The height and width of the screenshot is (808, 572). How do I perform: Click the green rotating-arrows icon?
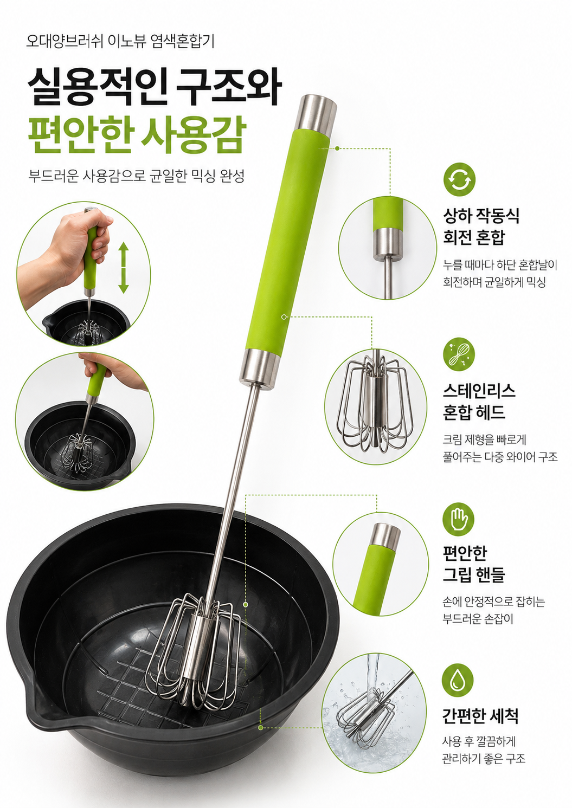point(459,179)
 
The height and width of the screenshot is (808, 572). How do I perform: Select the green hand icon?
point(458,519)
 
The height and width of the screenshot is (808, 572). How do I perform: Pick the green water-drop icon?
point(458,680)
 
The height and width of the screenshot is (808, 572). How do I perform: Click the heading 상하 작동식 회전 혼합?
point(481,226)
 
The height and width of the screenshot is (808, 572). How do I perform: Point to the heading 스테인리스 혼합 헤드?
point(479,401)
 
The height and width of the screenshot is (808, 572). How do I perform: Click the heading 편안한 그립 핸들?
point(473,564)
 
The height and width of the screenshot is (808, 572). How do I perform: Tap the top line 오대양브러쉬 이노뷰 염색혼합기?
point(120,41)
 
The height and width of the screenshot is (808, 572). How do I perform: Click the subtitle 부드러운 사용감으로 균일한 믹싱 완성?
point(137,176)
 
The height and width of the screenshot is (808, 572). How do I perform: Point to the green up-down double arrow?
point(124,268)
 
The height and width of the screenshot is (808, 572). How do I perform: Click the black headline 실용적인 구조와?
point(155,87)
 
